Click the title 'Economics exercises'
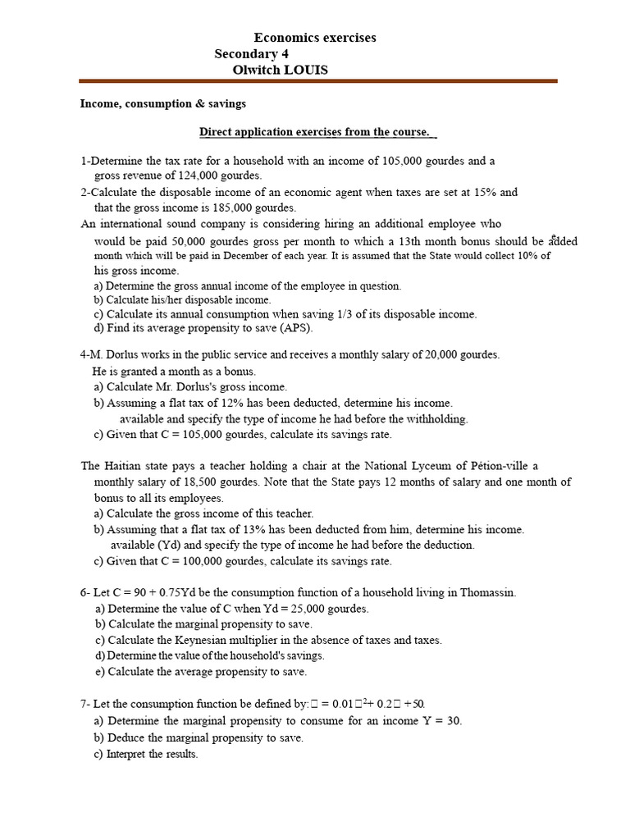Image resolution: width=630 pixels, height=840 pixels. click(315, 38)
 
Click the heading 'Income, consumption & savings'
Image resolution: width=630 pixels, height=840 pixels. click(162, 104)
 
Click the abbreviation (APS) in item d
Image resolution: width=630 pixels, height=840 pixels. click(295, 328)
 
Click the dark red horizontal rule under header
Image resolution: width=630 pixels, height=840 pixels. click(318, 81)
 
